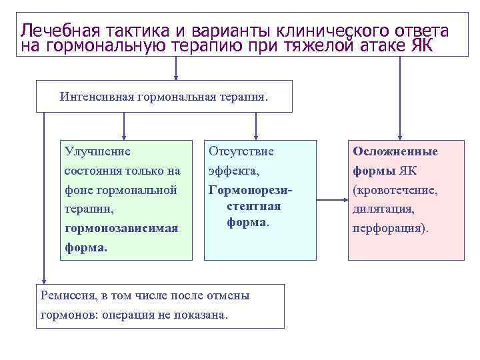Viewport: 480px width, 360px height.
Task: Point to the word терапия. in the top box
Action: point(242,97)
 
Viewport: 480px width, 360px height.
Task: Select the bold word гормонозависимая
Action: point(121,228)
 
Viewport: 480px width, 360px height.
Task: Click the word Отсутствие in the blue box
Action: point(241,151)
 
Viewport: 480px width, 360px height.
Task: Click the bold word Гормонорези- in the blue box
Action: point(251,190)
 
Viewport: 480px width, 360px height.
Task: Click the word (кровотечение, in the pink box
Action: point(395,190)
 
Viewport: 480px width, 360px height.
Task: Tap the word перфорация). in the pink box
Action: point(391,228)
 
